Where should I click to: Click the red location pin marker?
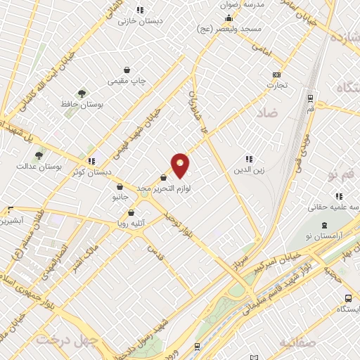click(181, 165)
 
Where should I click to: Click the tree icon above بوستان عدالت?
click(39, 155)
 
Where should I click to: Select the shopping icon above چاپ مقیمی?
click(127, 70)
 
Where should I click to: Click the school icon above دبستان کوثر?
click(91, 160)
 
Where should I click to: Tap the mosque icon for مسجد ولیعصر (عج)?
click(229, 18)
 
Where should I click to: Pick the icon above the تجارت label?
click(276, 75)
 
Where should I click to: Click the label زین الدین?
click(252, 170)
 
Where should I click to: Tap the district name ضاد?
click(267, 112)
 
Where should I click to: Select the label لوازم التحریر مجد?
click(165, 188)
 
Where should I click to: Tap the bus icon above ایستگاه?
click(340, 298)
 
